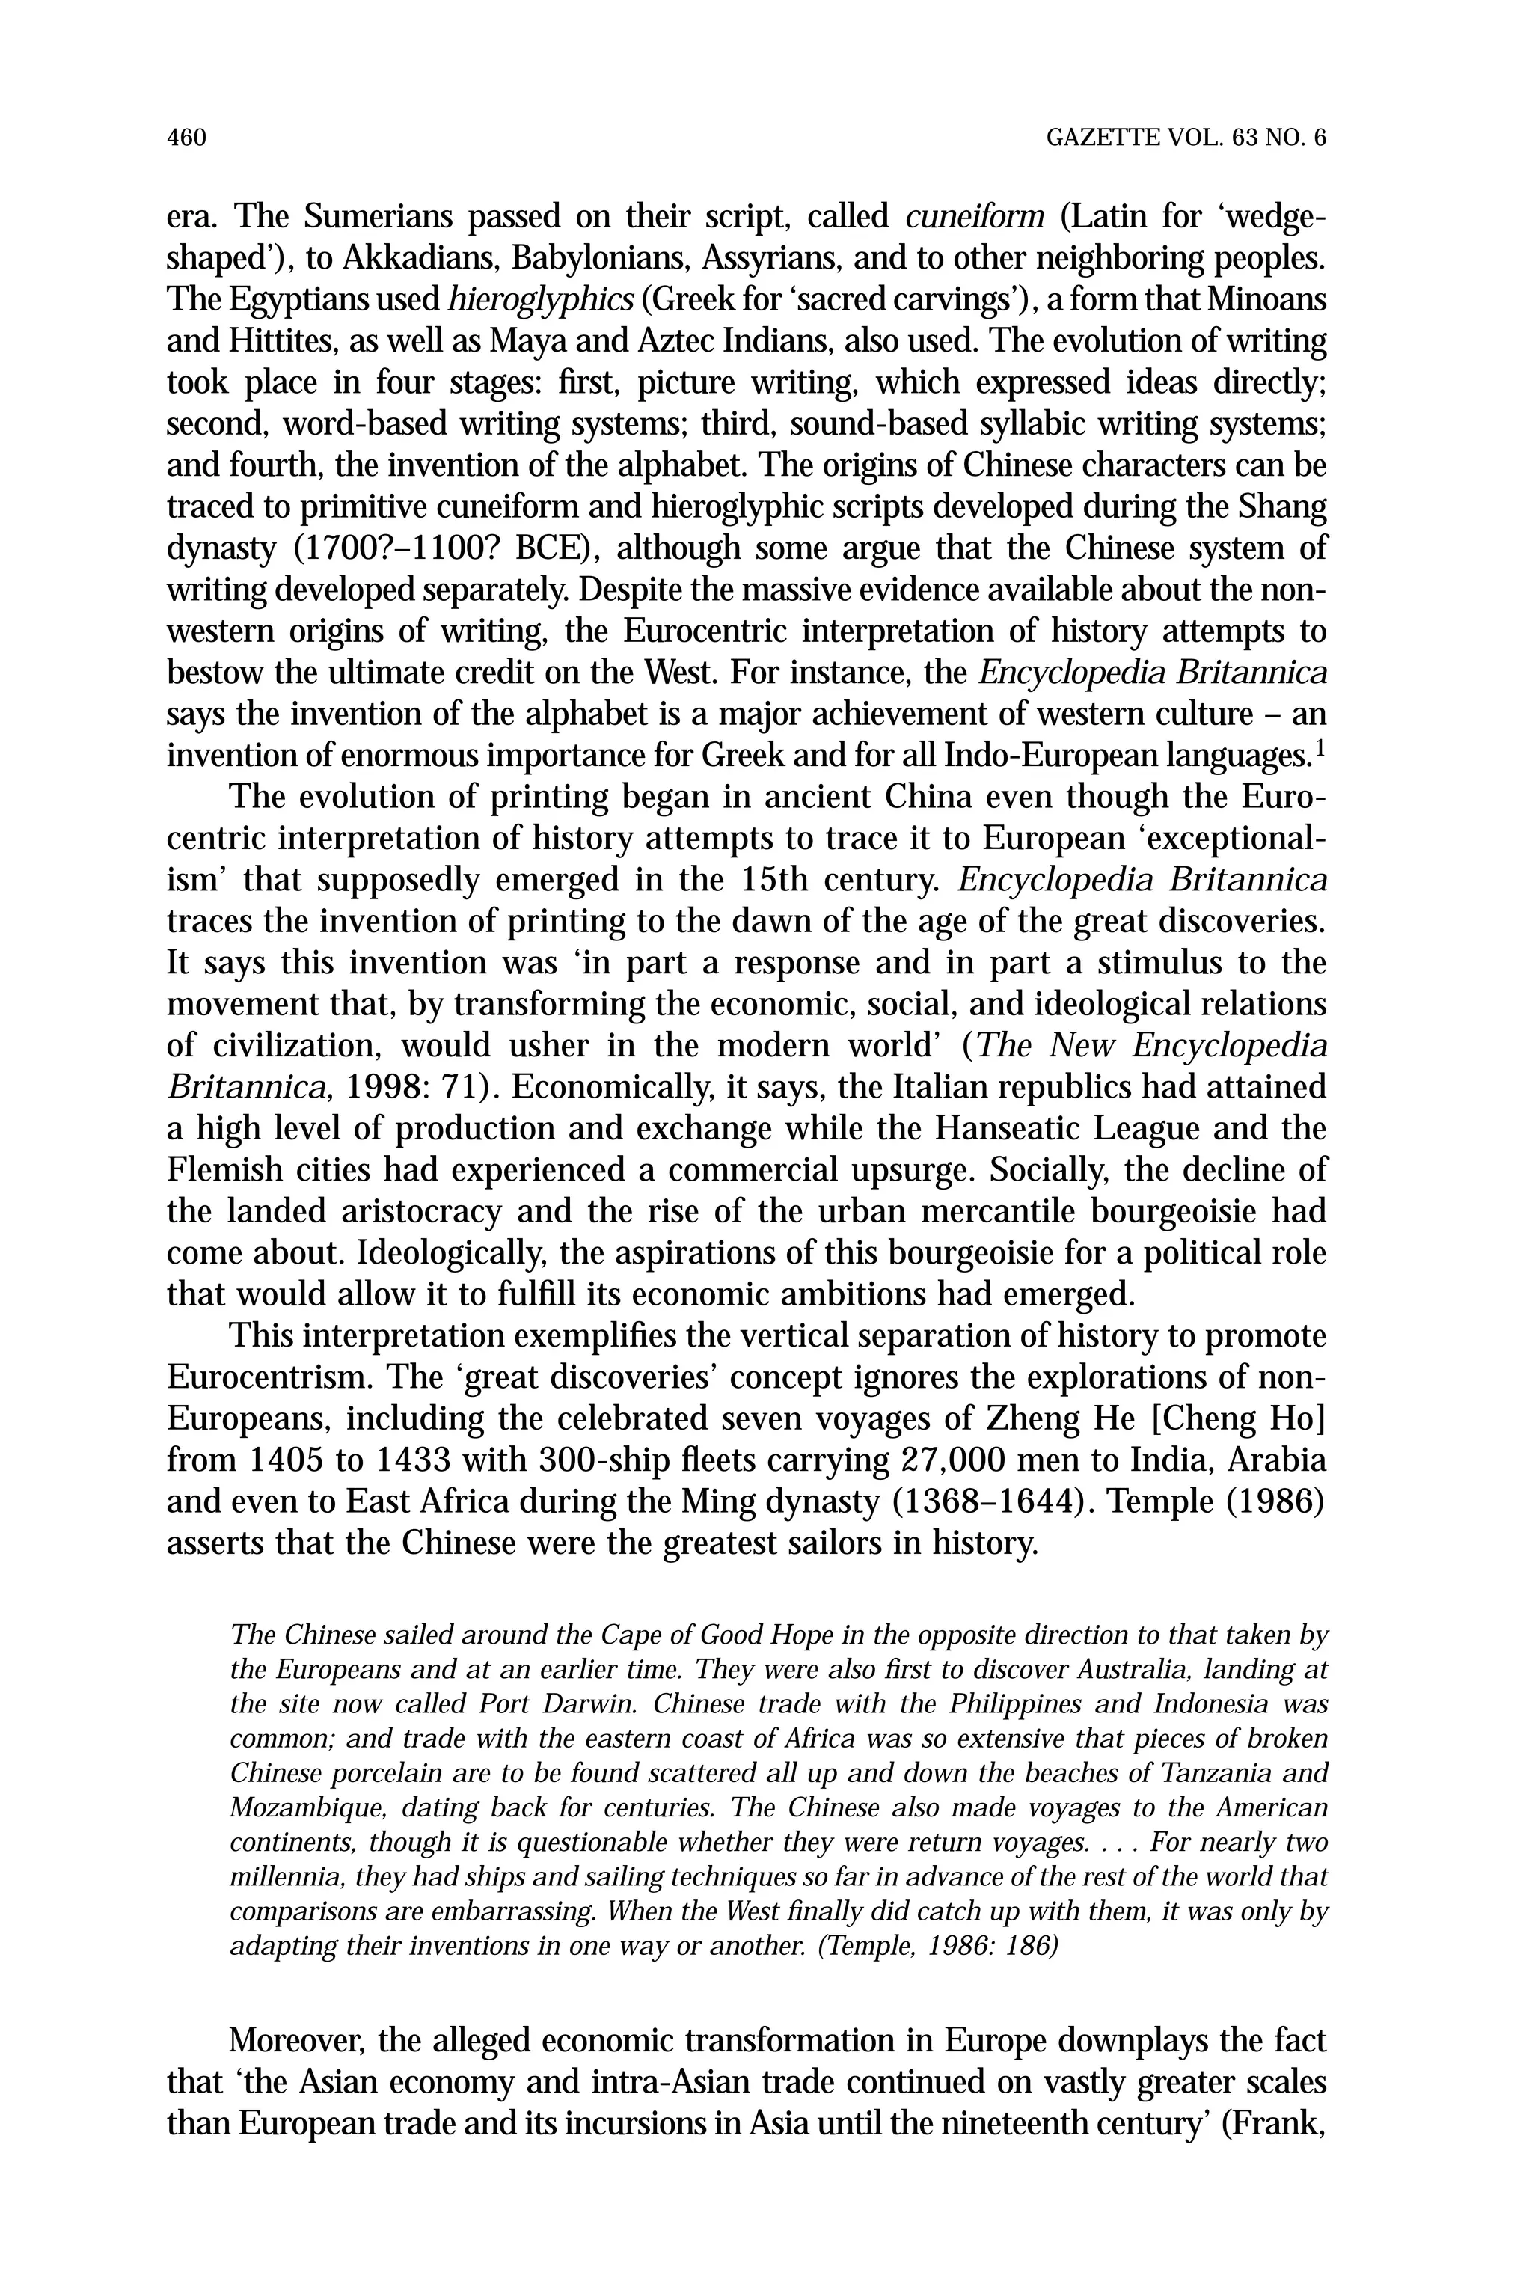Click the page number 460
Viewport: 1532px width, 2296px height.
(x=186, y=138)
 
